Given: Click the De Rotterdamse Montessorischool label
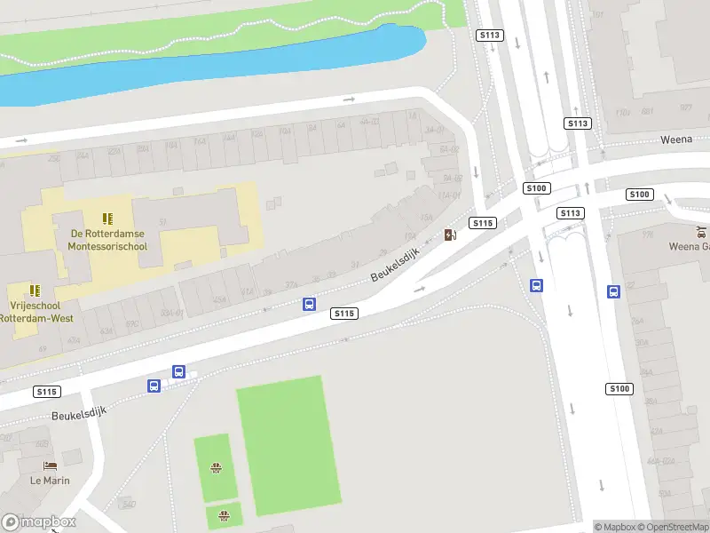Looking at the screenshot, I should (108, 240).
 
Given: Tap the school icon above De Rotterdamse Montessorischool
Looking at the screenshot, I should (108, 219).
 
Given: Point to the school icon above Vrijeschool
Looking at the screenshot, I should (35, 290).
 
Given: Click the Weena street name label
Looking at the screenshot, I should (675, 139).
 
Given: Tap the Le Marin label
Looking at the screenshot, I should (50, 481).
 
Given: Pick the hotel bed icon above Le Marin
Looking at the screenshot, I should (50, 465).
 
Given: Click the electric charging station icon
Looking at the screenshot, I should (450, 235).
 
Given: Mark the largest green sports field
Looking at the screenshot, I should (283, 444).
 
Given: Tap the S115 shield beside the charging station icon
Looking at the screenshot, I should (483, 223).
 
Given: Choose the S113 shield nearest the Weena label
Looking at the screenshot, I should (578, 123).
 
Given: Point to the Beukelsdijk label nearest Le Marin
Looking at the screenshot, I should (79, 414).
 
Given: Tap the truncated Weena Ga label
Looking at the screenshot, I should (688, 246).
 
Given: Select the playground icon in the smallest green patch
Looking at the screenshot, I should (224, 513).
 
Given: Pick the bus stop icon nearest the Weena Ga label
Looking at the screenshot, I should (613, 290).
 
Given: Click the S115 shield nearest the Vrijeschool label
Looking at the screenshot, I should (47, 391).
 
